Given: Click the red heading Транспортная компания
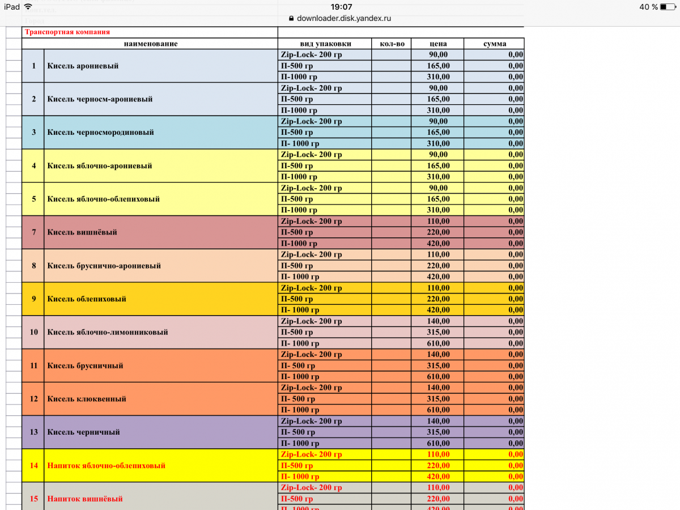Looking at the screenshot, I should [67, 32].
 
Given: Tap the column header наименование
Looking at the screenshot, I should [151, 44].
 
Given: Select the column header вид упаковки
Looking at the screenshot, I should [325, 44].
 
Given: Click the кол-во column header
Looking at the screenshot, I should [391, 44].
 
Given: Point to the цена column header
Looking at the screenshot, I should [437, 44].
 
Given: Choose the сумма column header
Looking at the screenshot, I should [495, 44].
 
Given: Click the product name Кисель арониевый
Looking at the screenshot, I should [83, 66].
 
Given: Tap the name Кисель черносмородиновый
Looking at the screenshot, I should [100, 132].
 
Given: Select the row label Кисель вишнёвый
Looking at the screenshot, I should [82, 232].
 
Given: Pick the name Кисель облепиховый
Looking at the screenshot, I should [87, 299].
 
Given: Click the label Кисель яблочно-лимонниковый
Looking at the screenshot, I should [108, 332].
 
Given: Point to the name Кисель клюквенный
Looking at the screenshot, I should [87, 399].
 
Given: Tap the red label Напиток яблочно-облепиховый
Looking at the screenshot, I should [107, 465].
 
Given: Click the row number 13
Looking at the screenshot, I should [34, 432].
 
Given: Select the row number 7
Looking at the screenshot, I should [34, 232].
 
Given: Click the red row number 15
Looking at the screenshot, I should [34, 499].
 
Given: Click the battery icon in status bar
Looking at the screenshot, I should [666, 7].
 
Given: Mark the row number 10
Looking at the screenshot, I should [34, 332].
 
